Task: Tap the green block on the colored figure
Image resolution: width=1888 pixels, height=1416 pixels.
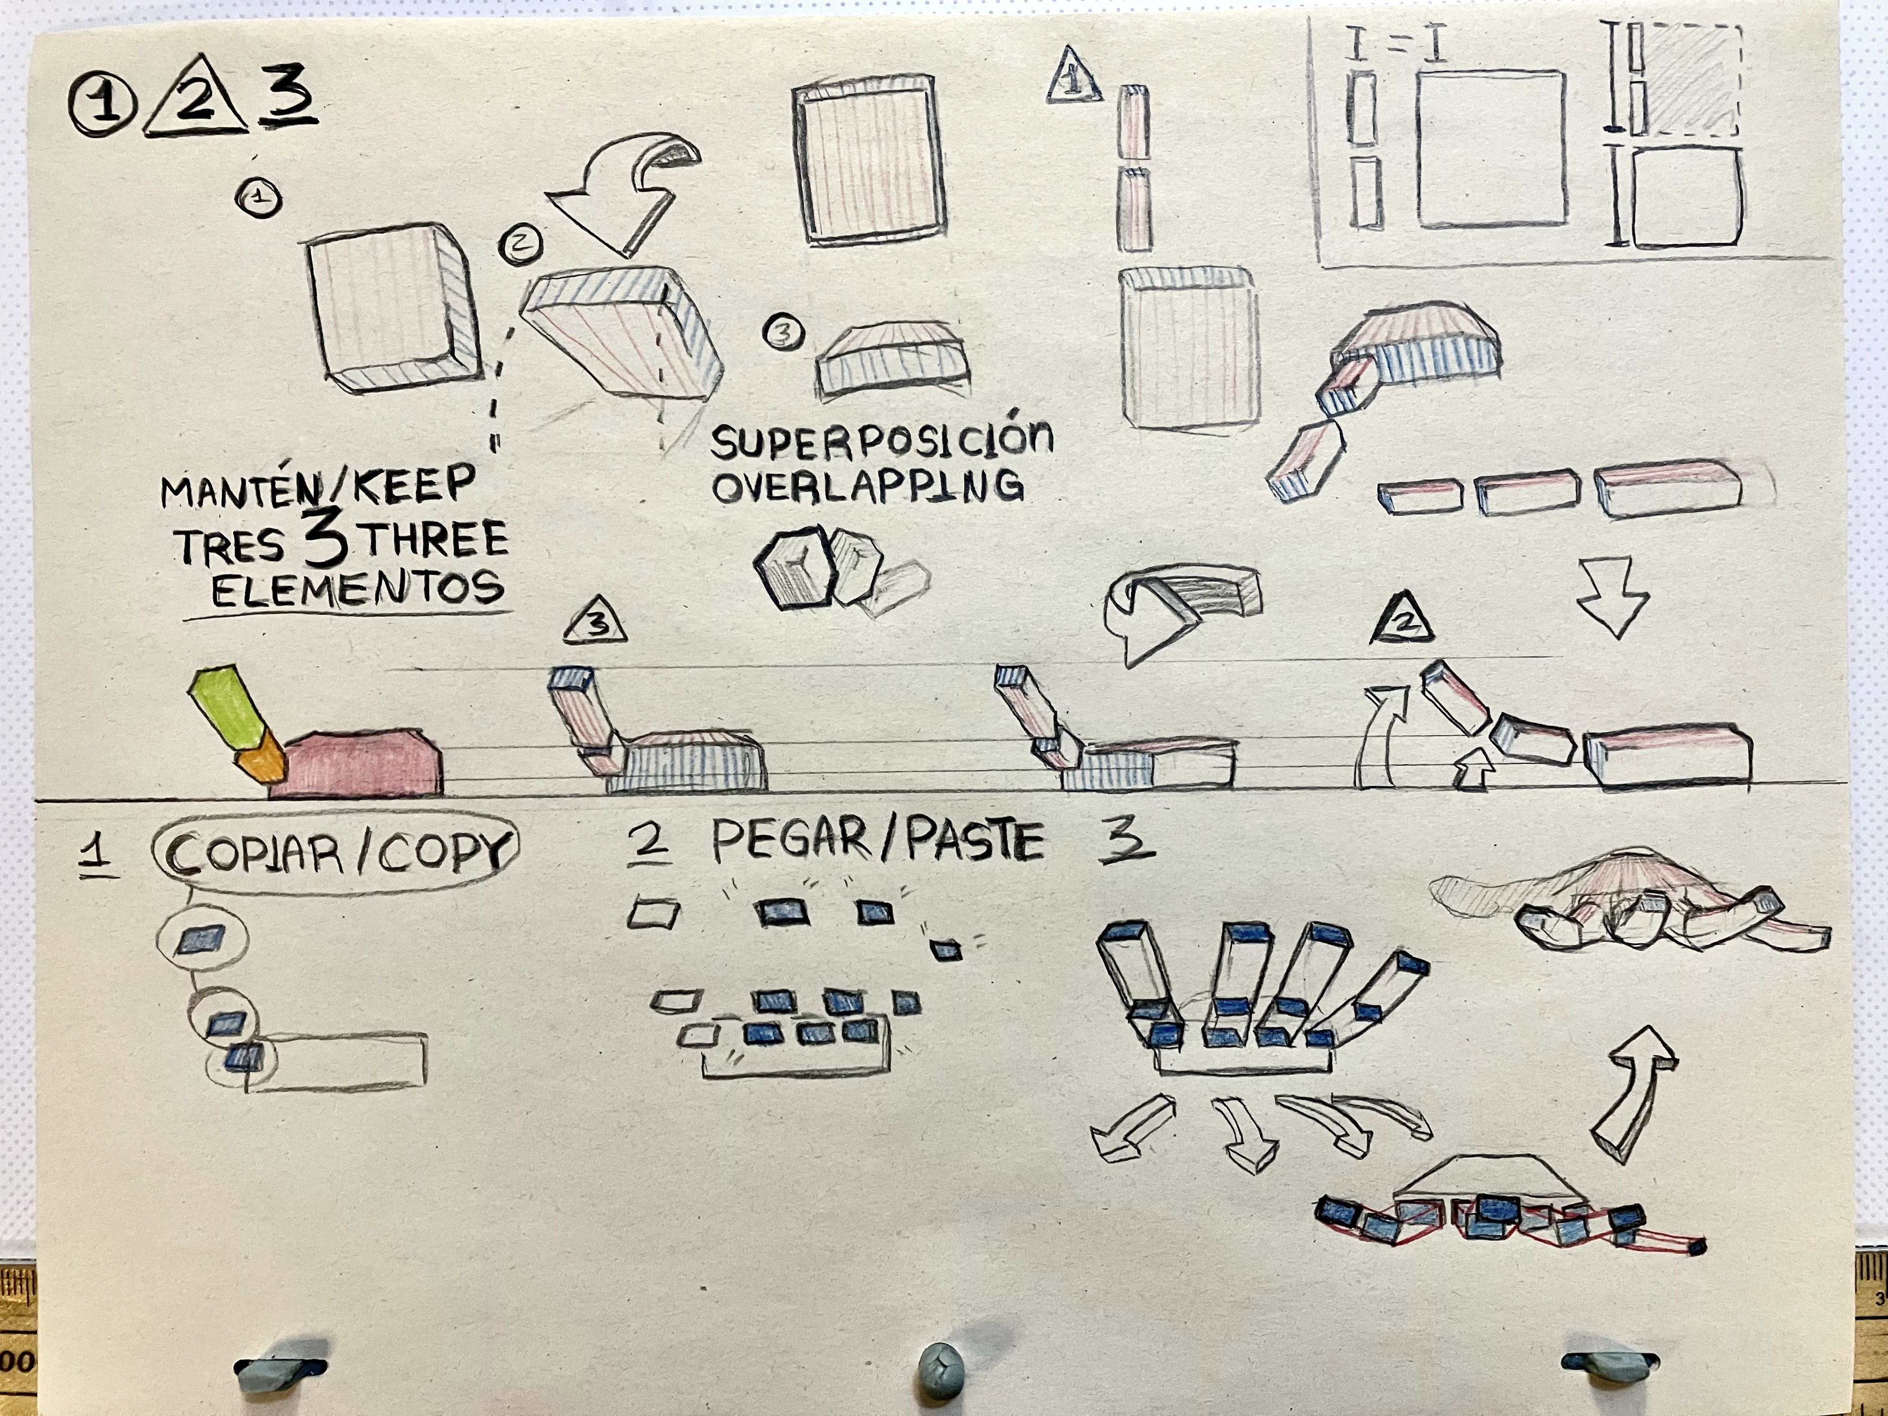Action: point(229,711)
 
